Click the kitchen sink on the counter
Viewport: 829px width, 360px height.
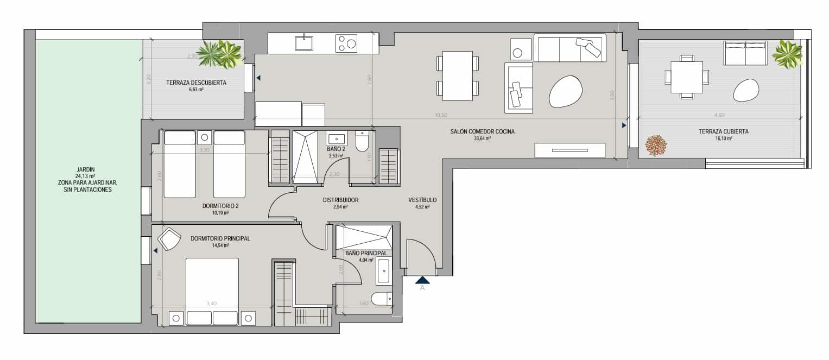pos(304,43)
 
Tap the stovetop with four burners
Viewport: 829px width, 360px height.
pos(346,43)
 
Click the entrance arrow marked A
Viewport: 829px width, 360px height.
pos(422,280)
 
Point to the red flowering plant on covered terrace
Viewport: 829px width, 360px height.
pos(656,146)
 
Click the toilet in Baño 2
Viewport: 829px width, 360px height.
pos(362,142)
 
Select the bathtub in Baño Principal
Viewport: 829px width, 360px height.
pos(384,271)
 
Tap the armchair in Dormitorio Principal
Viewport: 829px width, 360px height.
pos(169,239)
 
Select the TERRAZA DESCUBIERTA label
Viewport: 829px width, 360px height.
pos(196,83)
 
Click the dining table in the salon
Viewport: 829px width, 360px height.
pos(457,75)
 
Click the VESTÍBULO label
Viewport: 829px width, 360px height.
pos(422,200)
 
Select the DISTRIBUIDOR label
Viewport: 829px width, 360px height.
pos(340,200)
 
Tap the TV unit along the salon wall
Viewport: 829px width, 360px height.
pos(569,150)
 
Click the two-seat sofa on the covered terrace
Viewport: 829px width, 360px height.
pos(745,53)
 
